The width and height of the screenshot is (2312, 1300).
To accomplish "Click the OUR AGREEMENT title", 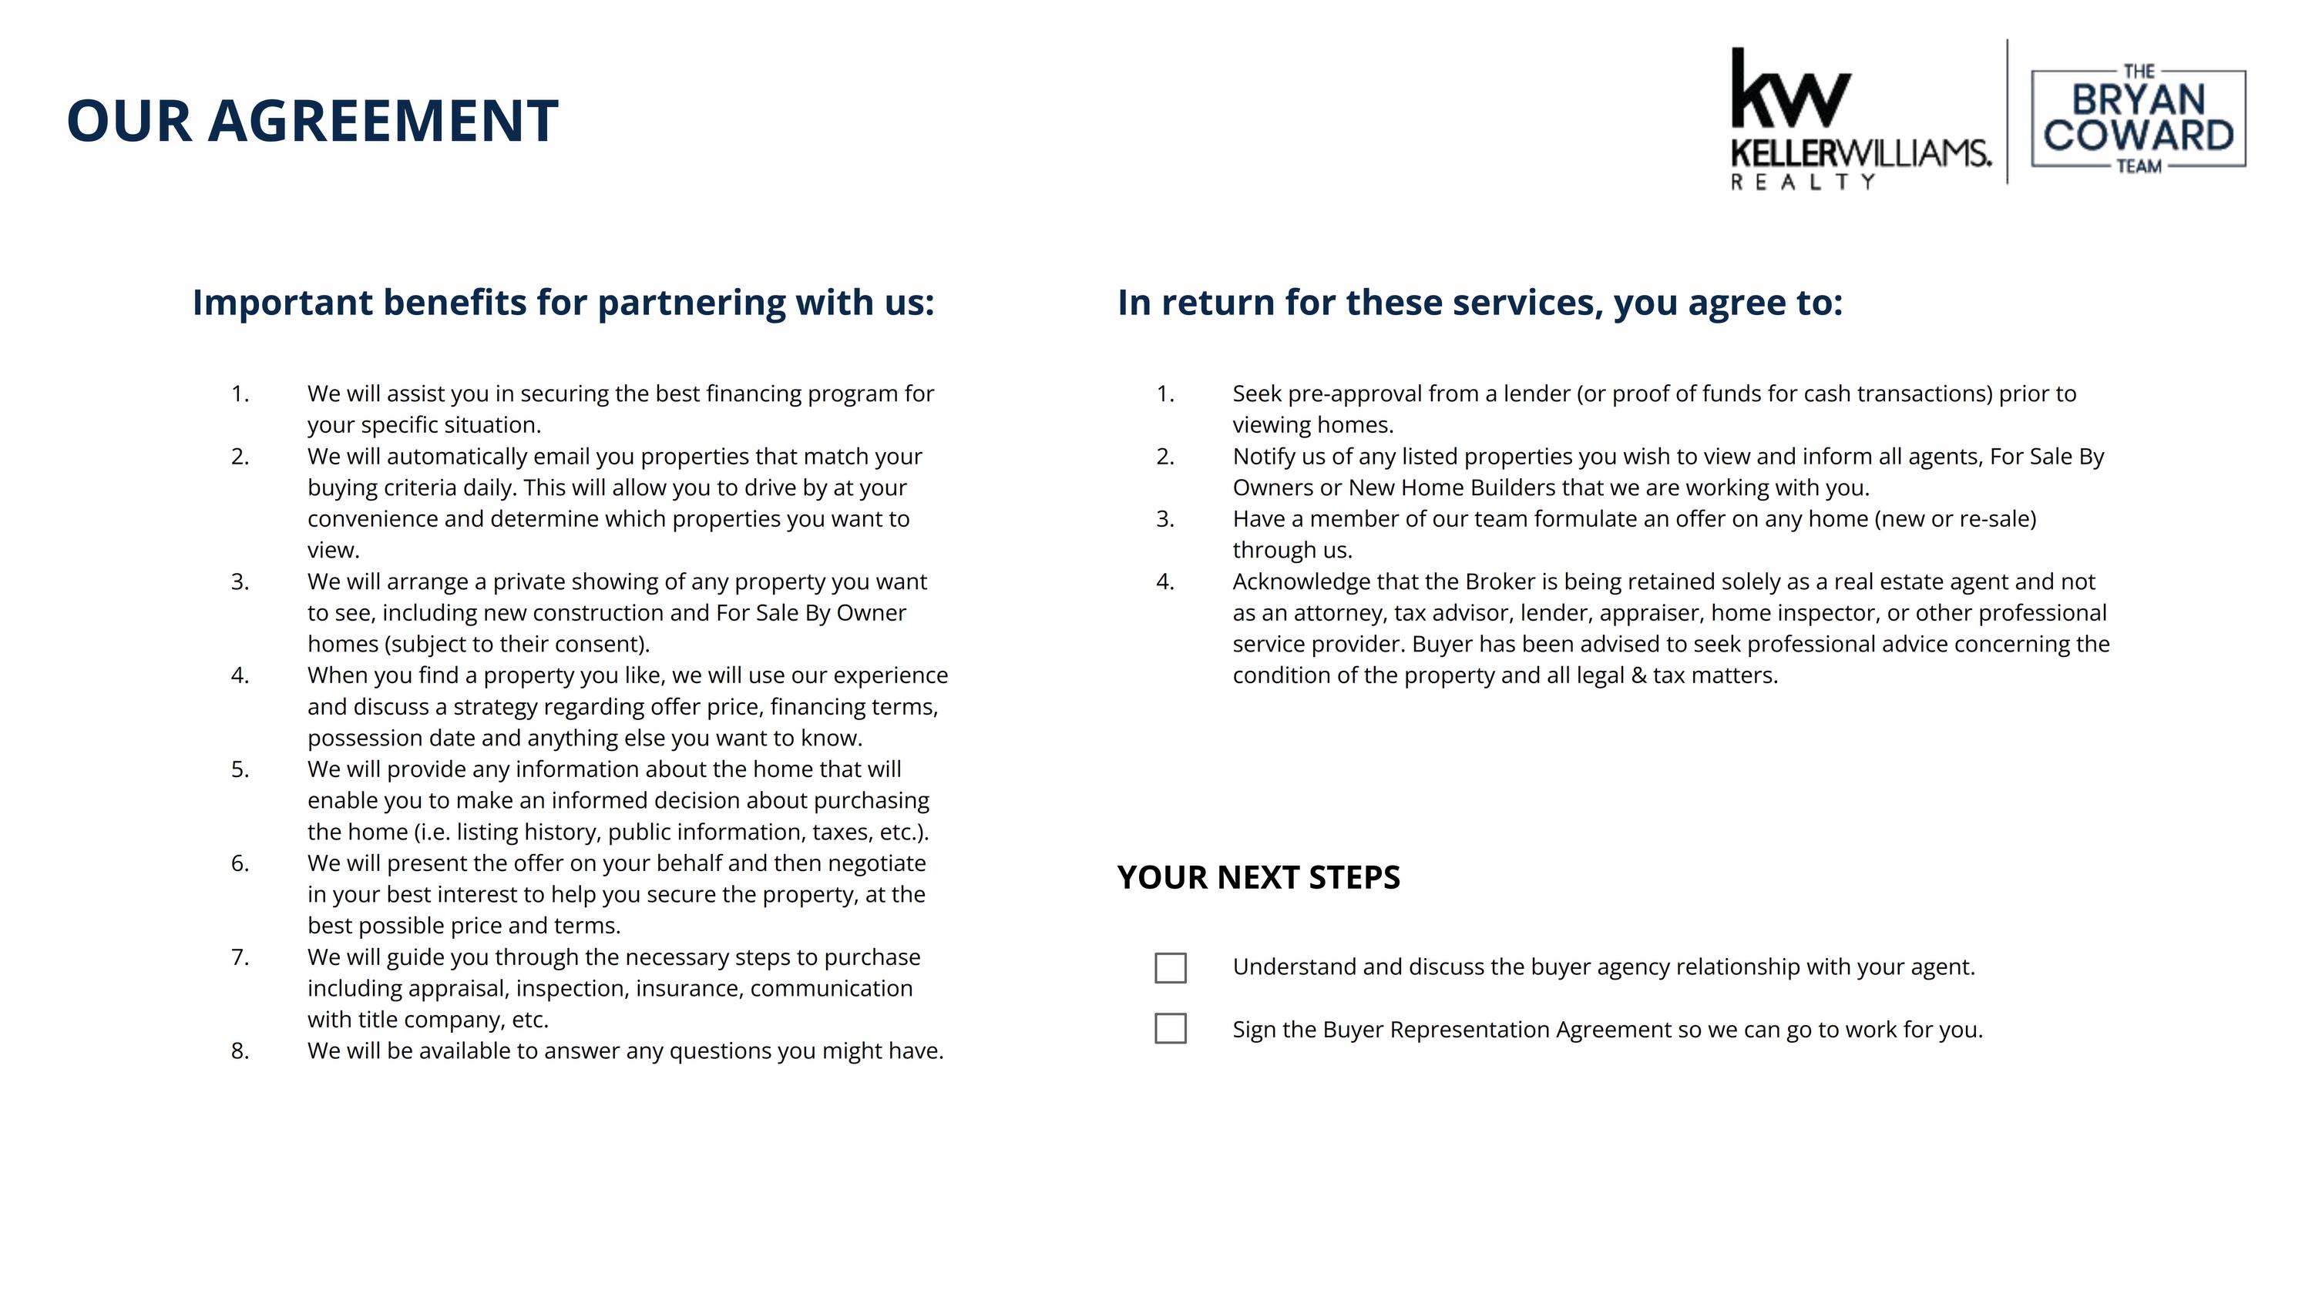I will [x=312, y=121].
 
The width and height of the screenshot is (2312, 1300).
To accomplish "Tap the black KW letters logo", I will [x=1789, y=89].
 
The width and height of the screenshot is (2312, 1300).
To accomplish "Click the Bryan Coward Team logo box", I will [x=2138, y=119].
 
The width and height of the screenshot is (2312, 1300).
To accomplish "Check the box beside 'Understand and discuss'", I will [x=1171, y=968].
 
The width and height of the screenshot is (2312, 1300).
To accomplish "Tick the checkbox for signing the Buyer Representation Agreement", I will [x=1171, y=1028].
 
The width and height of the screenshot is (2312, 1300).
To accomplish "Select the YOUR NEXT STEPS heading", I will [x=1258, y=877].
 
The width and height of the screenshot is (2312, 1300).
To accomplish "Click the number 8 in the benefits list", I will [x=239, y=1050].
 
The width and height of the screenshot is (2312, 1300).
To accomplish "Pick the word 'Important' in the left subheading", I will [x=283, y=303].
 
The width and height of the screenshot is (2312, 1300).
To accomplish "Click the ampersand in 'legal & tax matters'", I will [x=1639, y=675].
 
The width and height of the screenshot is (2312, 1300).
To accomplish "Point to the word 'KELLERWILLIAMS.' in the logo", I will [x=1860, y=152].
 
